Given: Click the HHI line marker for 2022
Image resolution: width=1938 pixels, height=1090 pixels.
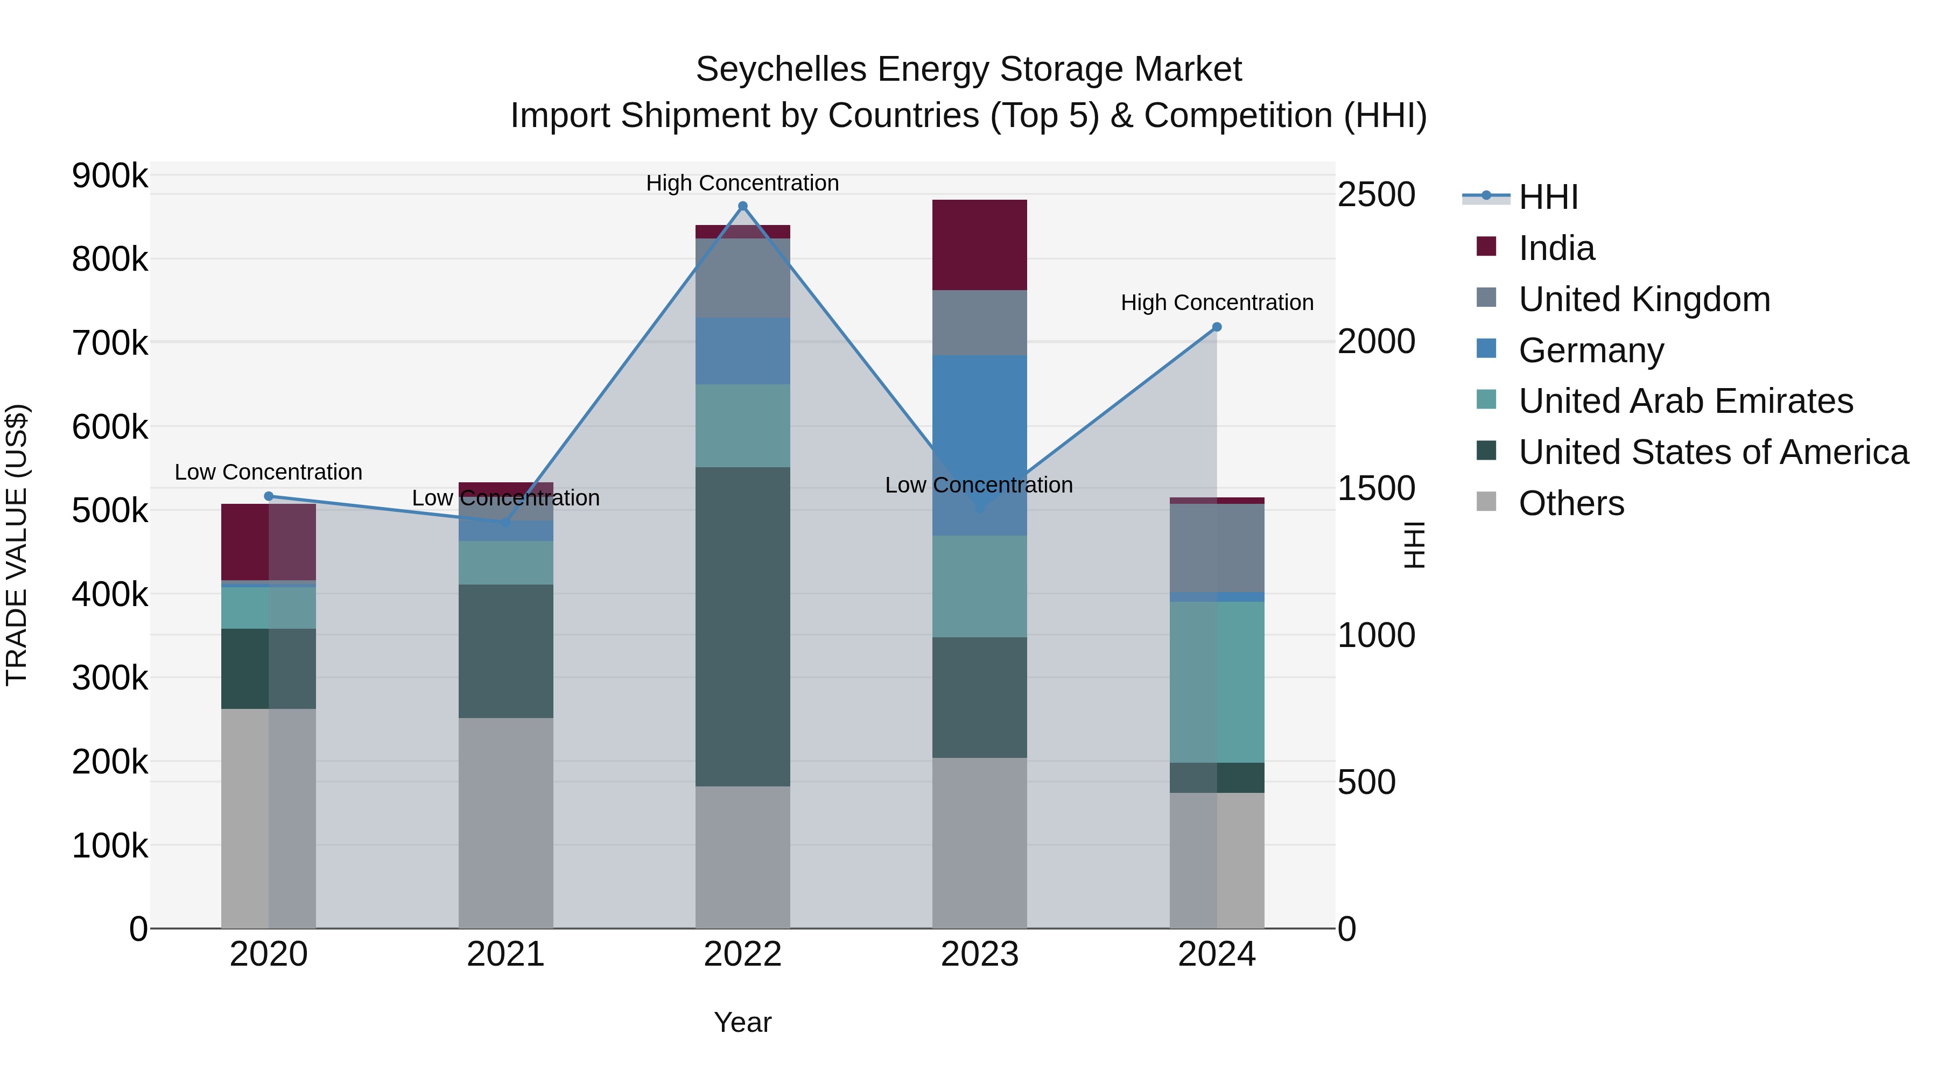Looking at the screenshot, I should click(x=742, y=206).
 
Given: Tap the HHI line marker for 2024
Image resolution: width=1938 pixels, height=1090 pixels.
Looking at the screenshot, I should click(x=1217, y=327).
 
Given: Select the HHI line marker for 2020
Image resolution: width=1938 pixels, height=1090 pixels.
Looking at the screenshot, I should click(x=269, y=496).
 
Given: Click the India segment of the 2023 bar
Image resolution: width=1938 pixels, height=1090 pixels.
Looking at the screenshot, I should click(x=980, y=245).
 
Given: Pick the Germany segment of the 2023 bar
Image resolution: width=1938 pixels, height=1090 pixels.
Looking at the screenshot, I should click(x=980, y=421).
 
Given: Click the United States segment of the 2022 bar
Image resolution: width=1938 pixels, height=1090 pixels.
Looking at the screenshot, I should click(x=742, y=626).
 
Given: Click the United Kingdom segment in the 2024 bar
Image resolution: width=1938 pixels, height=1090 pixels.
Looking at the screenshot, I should click(x=1217, y=547).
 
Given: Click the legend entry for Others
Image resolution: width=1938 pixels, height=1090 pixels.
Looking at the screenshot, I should click(x=1571, y=503).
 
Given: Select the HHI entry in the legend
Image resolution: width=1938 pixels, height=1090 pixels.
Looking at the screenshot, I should click(x=1548, y=197).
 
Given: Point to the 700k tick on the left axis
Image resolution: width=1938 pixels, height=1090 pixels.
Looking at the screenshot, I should click(x=110, y=344).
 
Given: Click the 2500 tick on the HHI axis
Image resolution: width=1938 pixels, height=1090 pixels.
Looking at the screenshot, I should click(x=1376, y=195).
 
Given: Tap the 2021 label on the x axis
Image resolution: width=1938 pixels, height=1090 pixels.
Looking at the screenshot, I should click(x=505, y=954).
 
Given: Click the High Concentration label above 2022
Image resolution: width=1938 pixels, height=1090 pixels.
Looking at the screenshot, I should click(x=742, y=183).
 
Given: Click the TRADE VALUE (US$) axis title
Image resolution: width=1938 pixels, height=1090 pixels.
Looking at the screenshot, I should click(x=17, y=545).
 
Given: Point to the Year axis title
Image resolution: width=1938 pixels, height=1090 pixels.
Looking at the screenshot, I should click(x=742, y=1022).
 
